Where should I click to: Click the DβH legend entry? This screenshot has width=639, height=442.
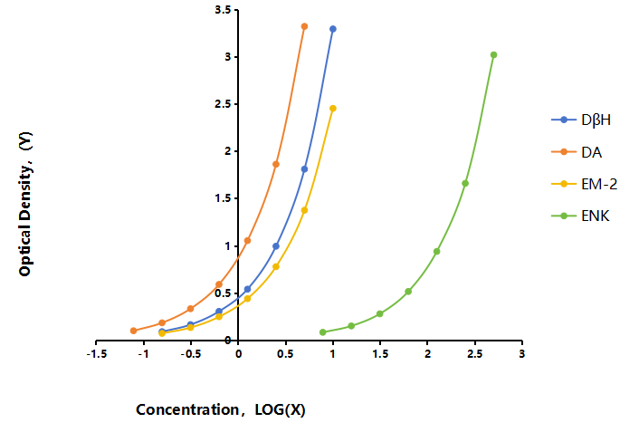[x=581, y=120]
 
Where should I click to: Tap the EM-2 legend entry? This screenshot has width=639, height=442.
[x=585, y=184]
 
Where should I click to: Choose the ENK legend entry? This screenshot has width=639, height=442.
[x=581, y=216]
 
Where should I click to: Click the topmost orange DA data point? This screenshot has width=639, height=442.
[x=304, y=26]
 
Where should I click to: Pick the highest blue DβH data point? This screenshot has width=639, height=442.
[x=333, y=29]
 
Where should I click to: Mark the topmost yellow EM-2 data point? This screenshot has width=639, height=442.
[x=333, y=109]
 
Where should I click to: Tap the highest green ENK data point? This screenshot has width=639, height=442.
[x=493, y=55]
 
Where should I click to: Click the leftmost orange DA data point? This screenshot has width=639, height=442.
[x=134, y=331]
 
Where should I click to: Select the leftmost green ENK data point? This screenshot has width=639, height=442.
[x=323, y=332]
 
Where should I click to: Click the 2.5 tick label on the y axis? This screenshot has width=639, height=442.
[x=223, y=104]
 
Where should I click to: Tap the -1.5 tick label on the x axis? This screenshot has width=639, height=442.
[x=97, y=354]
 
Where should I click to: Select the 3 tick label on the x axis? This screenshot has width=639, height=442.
[x=522, y=354]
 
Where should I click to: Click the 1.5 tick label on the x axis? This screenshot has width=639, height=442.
[x=380, y=354]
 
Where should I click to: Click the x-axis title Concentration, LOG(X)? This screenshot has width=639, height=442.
[x=221, y=409]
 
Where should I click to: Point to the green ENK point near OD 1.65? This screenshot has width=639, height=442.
[x=465, y=184]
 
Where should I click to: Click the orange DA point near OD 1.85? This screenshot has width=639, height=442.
[x=276, y=164]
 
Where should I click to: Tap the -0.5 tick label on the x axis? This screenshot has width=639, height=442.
[x=191, y=354]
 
